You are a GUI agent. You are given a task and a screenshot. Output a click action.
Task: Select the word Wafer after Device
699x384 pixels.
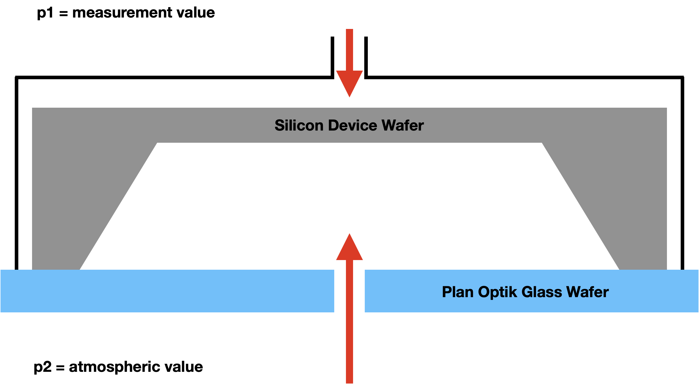(x=403, y=125)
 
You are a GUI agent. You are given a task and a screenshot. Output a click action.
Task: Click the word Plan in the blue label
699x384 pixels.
(x=458, y=292)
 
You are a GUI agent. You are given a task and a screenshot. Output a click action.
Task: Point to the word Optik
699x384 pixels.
(x=497, y=292)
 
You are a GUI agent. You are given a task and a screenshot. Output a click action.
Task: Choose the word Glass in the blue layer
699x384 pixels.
(x=542, y=292)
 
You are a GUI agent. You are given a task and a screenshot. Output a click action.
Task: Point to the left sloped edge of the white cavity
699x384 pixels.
(x=118, y=206)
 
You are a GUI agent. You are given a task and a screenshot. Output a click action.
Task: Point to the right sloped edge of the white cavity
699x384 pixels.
(x=581, y=206)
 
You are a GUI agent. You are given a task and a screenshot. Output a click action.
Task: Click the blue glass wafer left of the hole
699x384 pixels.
(x=163, y=291)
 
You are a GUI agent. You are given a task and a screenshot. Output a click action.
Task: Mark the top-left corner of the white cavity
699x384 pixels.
(x=157, y=143)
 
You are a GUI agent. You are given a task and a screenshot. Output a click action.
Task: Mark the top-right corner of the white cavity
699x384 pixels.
(x=542, y=143)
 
